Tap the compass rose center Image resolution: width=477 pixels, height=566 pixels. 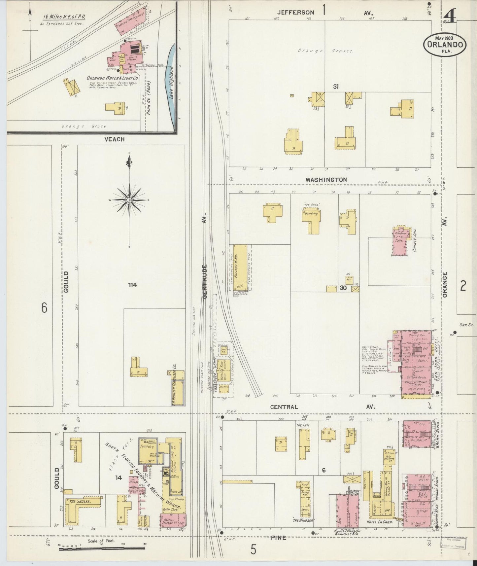(129, 200)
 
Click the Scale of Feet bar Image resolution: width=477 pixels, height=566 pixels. (102, 549)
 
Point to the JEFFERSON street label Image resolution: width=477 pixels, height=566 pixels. (295, 13)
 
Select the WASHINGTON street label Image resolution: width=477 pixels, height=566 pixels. (326, 180)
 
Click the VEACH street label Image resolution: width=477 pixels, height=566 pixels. (114, 139)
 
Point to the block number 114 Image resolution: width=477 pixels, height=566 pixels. (133, 285)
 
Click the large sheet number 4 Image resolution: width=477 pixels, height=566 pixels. (450, 16)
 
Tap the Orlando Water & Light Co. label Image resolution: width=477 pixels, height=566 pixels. (112, 78)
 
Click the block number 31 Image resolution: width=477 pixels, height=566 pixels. (336, 87)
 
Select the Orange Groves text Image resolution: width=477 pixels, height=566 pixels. (325, 51)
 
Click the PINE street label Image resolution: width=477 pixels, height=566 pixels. (278, 538)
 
